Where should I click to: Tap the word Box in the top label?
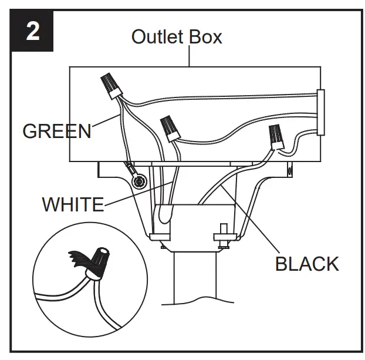[x=204, y=36]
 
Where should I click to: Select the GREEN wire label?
[x=57, y=130]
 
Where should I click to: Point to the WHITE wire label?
[x=73, y=204]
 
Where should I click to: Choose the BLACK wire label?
[x=307, y=264]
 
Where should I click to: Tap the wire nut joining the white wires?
[x=170, y=128]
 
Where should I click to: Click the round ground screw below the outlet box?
[x=139, y=181]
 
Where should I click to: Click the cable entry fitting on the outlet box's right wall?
[x=320, y=113]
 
